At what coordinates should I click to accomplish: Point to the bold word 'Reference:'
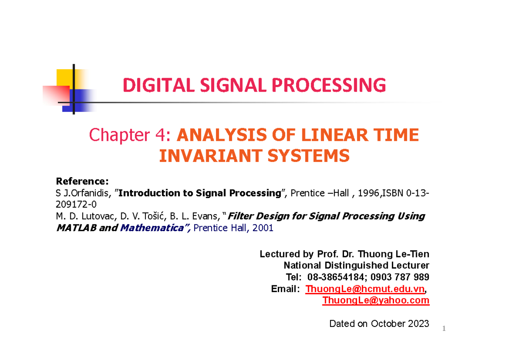pos(82,182)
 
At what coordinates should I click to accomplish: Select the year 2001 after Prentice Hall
pos(263,228)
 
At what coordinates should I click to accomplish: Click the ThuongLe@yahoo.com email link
pos(376,301)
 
